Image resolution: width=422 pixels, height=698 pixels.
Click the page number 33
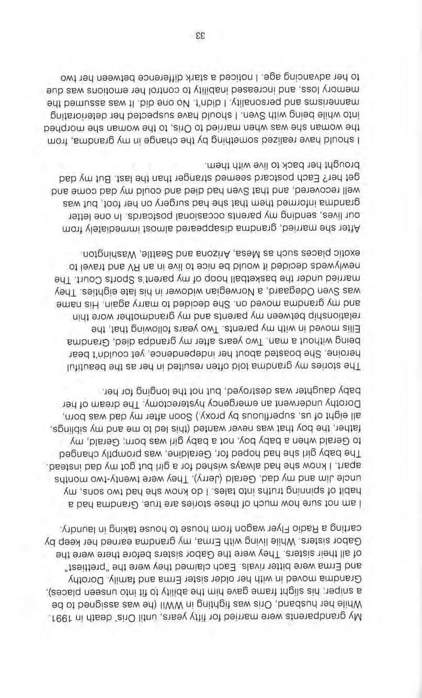pyautogui.click(x=200, y=36)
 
